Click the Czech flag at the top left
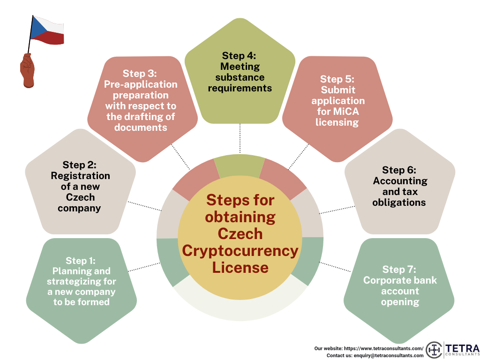coord(47,30)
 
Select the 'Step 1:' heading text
coord(81,261)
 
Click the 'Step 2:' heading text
coord(79,165)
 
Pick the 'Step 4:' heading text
coord(239,56)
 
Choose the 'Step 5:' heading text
coord(337,79)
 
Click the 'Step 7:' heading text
coord(399,269)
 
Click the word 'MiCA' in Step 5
coord(347,112)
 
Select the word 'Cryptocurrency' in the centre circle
coord(240,250)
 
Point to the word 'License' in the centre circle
coord(240,267)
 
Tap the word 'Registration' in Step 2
coord(81,176)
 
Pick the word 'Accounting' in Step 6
coord(400,180)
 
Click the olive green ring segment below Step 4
coord(240,167)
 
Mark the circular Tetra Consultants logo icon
coord(435,350)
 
